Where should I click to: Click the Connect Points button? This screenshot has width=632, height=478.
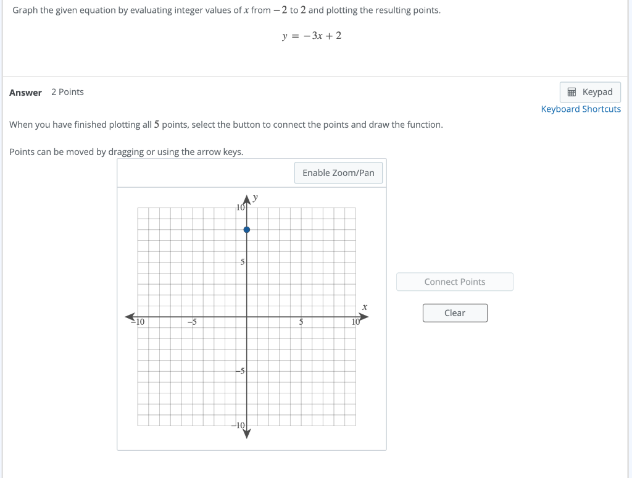pyautogui.click(x=455, y=282)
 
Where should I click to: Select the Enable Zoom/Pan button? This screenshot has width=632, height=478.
pyautogui.click(x=338, y=173)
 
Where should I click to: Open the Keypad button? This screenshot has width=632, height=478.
pyautogui.click(x=590, y=93)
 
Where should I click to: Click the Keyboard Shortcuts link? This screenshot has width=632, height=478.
pyautogui.click(x=581, y=109)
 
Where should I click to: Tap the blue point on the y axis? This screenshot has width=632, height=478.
pyautogui.click(x=247, y=230)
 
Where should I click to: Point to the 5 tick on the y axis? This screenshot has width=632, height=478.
pyautogui.click(x=243, y=262)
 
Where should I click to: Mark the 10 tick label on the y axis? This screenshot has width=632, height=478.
pyautogui.click(x=241, y=208)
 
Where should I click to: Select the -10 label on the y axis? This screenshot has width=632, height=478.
pyautogui.click(x=239, y=426)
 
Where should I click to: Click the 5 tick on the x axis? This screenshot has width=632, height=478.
pyautogui.click(x=301, y=322)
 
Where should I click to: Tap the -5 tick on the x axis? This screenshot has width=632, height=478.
pyautogui.click(x=192, y=322)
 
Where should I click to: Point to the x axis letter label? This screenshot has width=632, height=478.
pyautogui.click(x=365, y=306)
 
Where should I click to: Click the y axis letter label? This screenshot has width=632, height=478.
pyautogui.click(x=256, y=198)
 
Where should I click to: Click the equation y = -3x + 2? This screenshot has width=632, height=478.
pyautogui.click(x=312, y=36)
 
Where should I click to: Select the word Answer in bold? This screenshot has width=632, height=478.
pyautogui.click(x=25, y=93)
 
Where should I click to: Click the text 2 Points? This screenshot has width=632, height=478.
pyautogui.click(x=67, y=92)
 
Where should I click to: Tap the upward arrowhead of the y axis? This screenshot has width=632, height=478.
pyautogui.click(x=247, y=199)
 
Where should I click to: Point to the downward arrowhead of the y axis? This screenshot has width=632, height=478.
pyautogui.click(x=247, y=434)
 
